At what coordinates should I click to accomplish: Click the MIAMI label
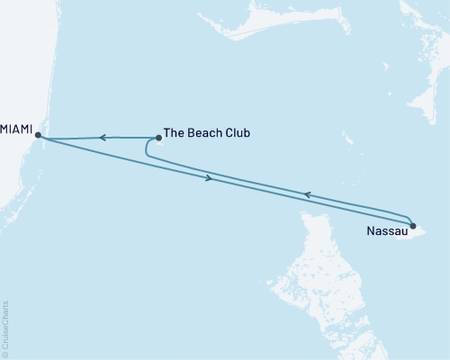[15, 129]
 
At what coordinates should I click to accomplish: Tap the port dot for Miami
[37, 135]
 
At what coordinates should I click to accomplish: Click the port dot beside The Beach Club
[159, 138]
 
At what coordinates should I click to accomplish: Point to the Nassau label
[386, 233]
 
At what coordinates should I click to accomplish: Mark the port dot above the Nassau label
[412, 226]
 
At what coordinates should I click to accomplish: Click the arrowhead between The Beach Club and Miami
[103, 138]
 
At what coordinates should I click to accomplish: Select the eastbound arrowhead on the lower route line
[211, 178]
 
